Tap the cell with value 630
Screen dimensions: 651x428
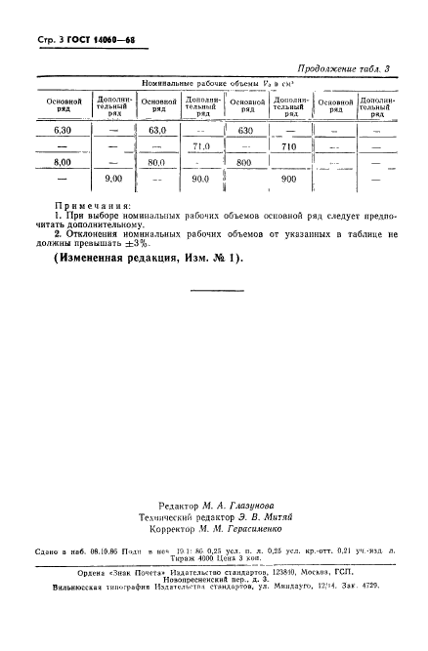tap(245, 130)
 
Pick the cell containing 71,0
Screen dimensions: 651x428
tap(202, 146)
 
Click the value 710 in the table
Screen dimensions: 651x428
tap(288, 146)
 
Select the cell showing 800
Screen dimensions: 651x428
tap(245, 163)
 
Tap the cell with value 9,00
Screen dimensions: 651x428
tap(113, 180)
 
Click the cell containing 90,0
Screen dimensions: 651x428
tap(202, 180)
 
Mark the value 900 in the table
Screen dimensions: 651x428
tap(288, 180)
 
